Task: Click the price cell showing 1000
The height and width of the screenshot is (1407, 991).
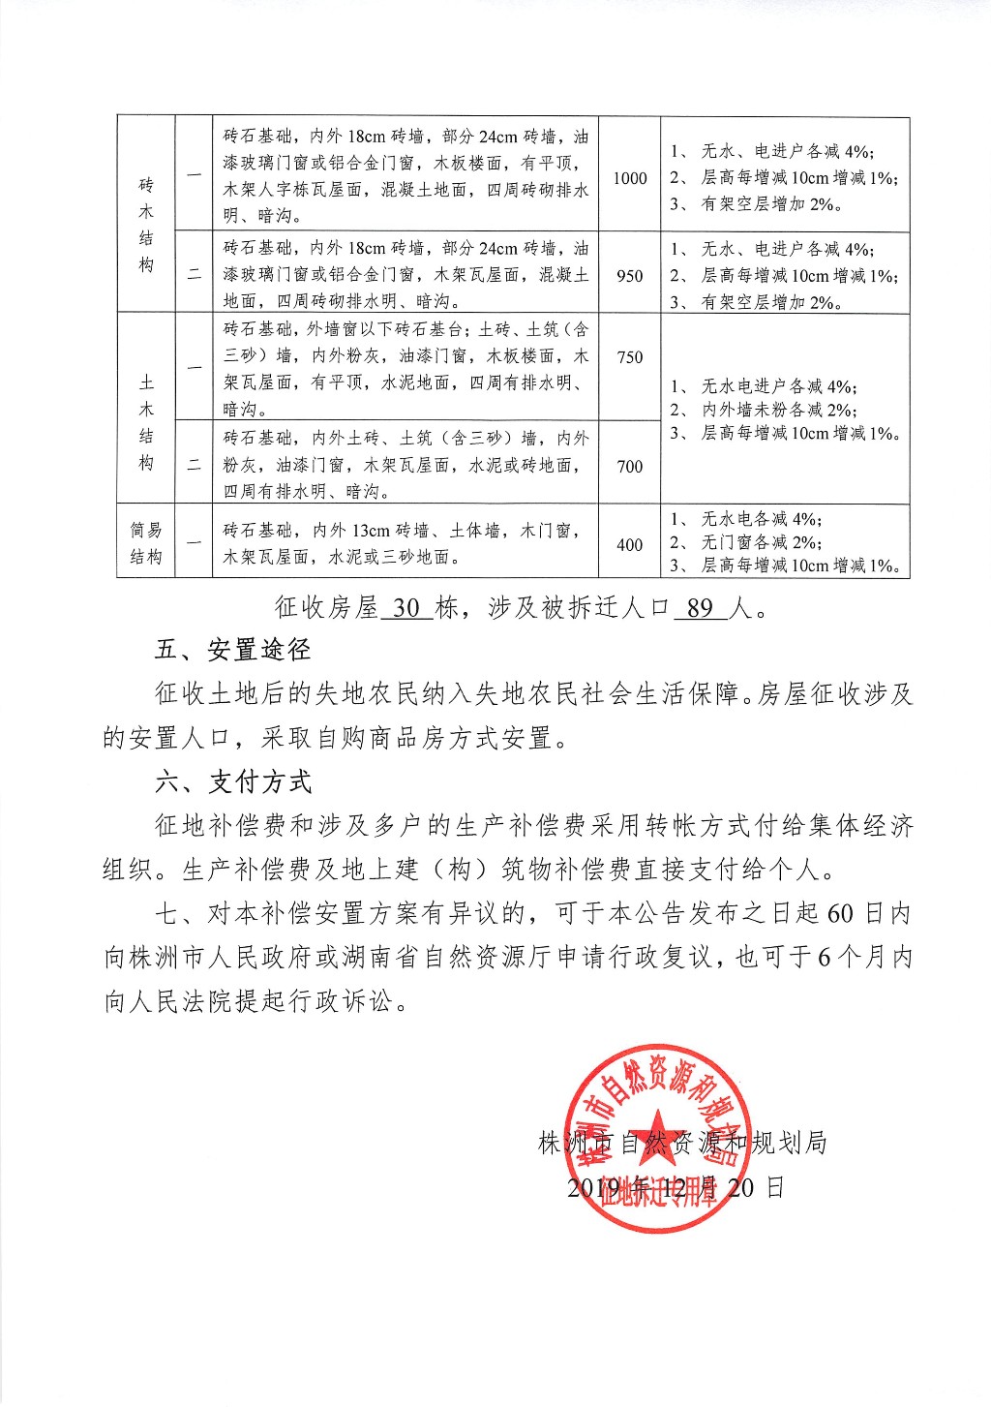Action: tap(630, 178)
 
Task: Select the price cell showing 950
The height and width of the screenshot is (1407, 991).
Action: tap(630, 276)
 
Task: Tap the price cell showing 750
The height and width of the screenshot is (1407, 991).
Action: tap(630, 357)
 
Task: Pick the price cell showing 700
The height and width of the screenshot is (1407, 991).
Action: tap(630, 466)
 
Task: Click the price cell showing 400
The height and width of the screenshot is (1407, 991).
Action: tap(630, 544)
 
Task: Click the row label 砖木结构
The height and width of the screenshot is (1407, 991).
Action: tap(146, 225)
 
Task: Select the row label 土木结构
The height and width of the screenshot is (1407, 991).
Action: tap(146, 422)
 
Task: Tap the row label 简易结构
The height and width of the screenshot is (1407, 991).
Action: tap(146, 543)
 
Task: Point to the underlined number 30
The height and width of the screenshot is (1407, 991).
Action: tap(407, 608)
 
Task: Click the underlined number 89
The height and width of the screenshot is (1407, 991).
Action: tap(700, 608)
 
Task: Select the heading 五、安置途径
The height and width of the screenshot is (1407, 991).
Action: tap(232, 651)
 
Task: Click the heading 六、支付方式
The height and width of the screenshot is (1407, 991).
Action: tap(232, 781)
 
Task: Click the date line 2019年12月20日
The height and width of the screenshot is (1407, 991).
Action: tap(676, 1187)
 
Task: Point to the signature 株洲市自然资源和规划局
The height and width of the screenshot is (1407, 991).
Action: tap(682, 1144)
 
